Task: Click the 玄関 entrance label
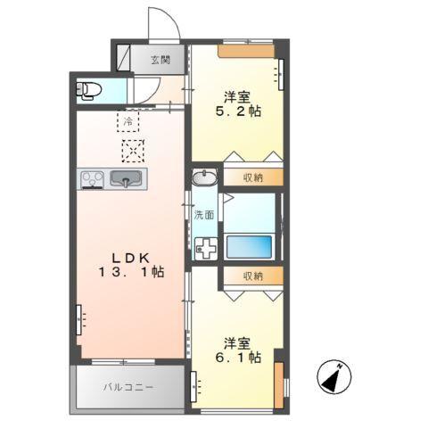pyautogui.click(x=160, y=61)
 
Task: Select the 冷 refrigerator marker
pyautogui.click(x=128, y=119)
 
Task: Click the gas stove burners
pyautogui.click(x=92, y=178)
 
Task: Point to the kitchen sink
pyautogui.click(x=127, y=179)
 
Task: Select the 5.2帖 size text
pyautogui.click(x=237, y=112)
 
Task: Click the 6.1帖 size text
pyautogui.click(x=238, y=357)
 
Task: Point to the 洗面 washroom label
pyautogui.click(x=204, y=214)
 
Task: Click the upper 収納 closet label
pyautogui.click(x=251, y=177)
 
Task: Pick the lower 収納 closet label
pyautogui.click(x=251, y=276)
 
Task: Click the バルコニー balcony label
pyautogui.click(x=128, y=388)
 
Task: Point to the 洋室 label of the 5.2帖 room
pyautogui.click(x=237, y=96)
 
